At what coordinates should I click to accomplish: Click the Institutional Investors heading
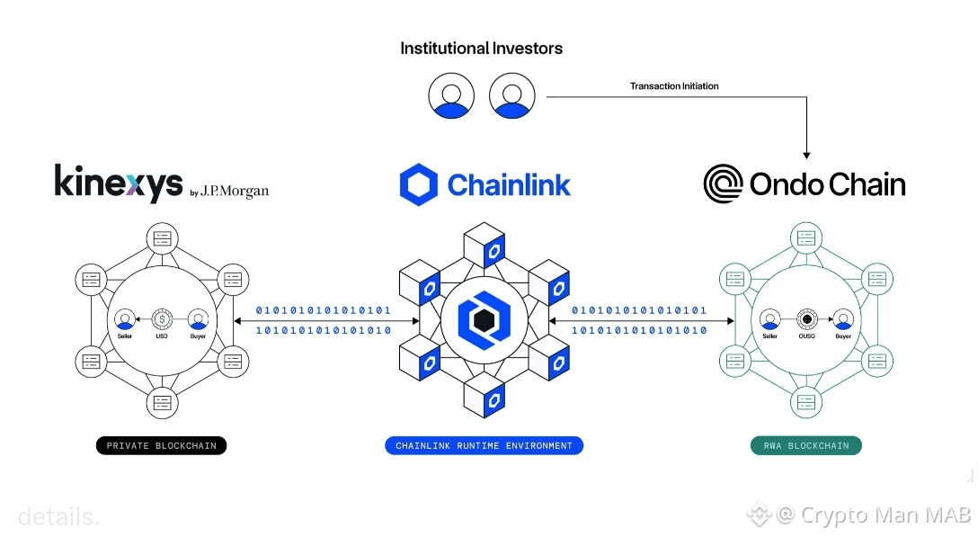(x=481, y=49)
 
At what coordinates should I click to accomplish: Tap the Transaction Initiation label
(x=674, y=86)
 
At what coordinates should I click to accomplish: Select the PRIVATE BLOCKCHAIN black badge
(x=162, y=445)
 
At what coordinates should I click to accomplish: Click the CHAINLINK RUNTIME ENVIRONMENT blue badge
(x=484, y=445)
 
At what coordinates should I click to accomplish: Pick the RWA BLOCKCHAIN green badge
(x=806, y=445)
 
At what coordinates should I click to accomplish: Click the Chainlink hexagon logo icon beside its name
(x=418, y=184)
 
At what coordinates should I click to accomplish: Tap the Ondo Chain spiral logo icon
(x=722, y=184)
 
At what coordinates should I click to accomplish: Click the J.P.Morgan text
(x=235, y=192)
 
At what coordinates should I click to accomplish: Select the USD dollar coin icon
(x=162, y=318)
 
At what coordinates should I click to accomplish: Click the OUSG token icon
(x=806, y=319)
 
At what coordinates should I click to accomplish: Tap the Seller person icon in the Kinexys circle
(x=126, y=318)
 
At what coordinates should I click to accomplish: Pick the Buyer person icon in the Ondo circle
(x=842, y=319)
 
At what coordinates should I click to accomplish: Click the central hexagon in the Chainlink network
(x=484, y=319)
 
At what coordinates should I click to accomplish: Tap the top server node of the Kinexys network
(x=162, y=238)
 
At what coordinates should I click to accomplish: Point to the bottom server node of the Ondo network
(x=806, y=402)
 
